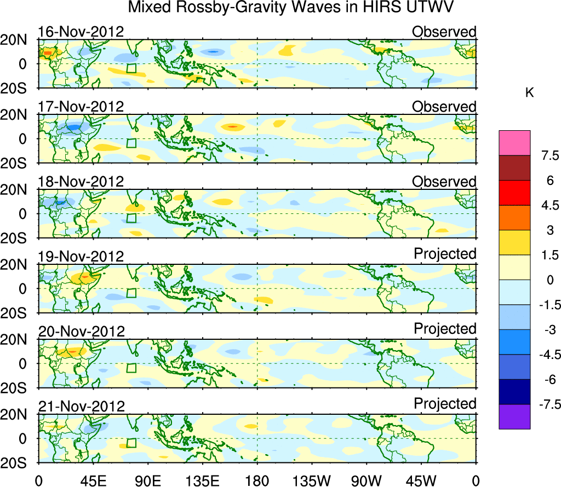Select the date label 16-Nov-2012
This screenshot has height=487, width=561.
81,32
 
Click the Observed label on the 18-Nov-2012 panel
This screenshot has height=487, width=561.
444,182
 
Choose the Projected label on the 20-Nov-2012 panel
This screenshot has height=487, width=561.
445,329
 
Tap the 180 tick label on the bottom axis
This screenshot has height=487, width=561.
257,480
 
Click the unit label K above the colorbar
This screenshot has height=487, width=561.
530,94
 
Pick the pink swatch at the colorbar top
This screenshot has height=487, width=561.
514,143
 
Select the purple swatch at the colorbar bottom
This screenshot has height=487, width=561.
514,416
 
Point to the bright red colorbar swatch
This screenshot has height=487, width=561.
514,193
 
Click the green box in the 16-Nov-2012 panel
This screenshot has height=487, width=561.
131,68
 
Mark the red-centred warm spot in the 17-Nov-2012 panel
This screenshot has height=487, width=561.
232,126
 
